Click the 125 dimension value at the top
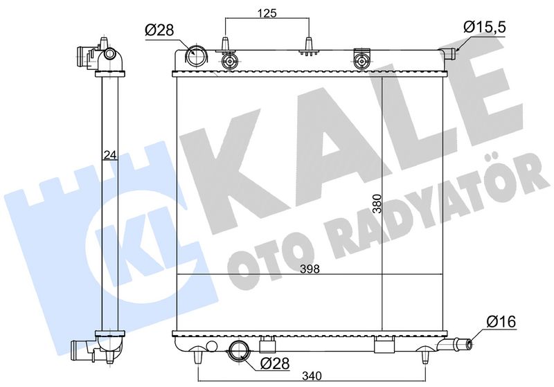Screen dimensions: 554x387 click(x=267, y=13)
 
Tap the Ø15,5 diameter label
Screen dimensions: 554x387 click(x=485, y=26)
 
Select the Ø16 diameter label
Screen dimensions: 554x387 click(x=501, y=321)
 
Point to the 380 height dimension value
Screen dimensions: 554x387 click(x=377, y=204)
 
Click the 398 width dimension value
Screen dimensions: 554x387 click(x=310, y=269)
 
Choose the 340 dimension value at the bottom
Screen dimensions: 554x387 click(x=312, y=377)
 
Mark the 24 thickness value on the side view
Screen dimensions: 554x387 click(x=110, y=154)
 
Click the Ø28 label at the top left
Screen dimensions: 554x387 click(x=159, y=30)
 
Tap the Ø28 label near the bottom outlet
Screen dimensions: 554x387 click(x=274, y=363)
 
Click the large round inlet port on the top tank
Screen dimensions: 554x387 click(x=195, y=57)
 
